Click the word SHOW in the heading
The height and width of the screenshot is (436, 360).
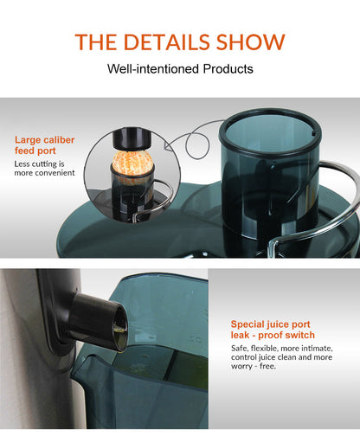[x=254, y=42]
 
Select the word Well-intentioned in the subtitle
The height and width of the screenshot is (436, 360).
[x=151, y=67]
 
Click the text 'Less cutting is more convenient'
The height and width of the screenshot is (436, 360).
[x=44, y=167]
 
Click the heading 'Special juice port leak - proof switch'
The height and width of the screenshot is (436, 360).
[x=273, y=330]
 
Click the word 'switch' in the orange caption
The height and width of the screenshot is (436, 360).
[x=299, y=335]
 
